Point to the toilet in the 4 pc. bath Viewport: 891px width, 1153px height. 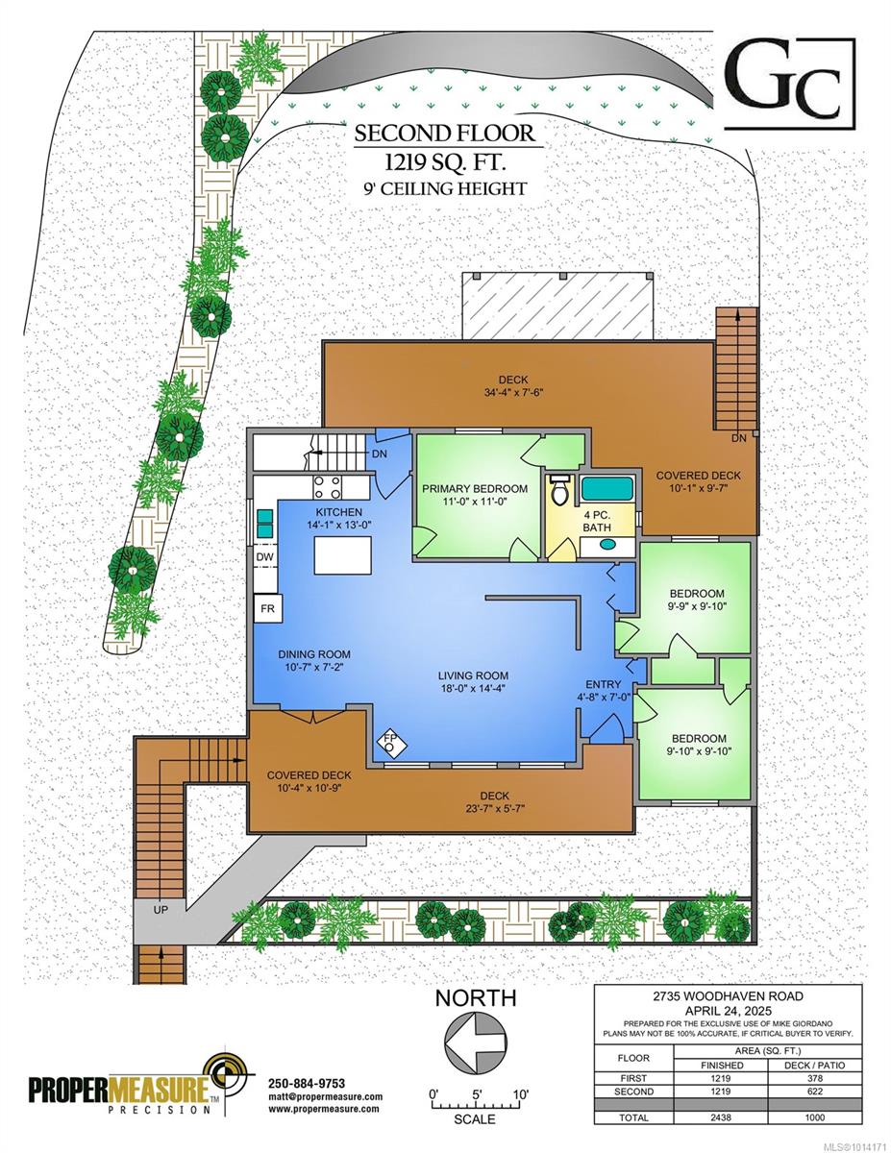pos(560,491)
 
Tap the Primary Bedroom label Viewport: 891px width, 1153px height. pos(474,488)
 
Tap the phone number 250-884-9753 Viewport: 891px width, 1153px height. pos(307,1083)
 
